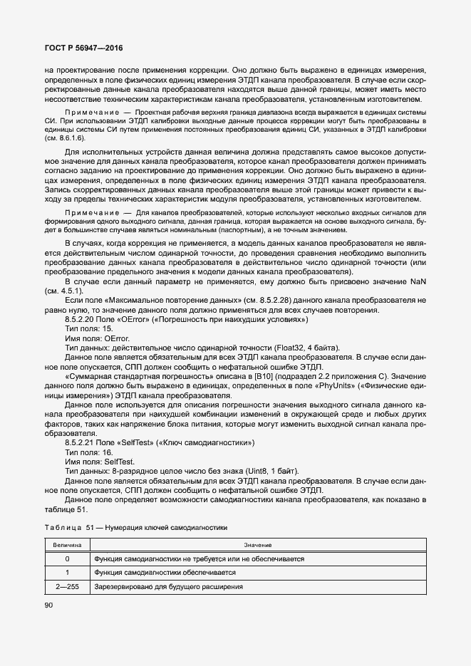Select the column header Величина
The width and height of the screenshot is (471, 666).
click(x=67, y=544)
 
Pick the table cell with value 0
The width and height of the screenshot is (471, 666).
click(x=67, y=558)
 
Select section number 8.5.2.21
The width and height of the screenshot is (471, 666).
click(x=80, y=442)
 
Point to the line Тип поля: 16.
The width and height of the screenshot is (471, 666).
click(x=88, y=452)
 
